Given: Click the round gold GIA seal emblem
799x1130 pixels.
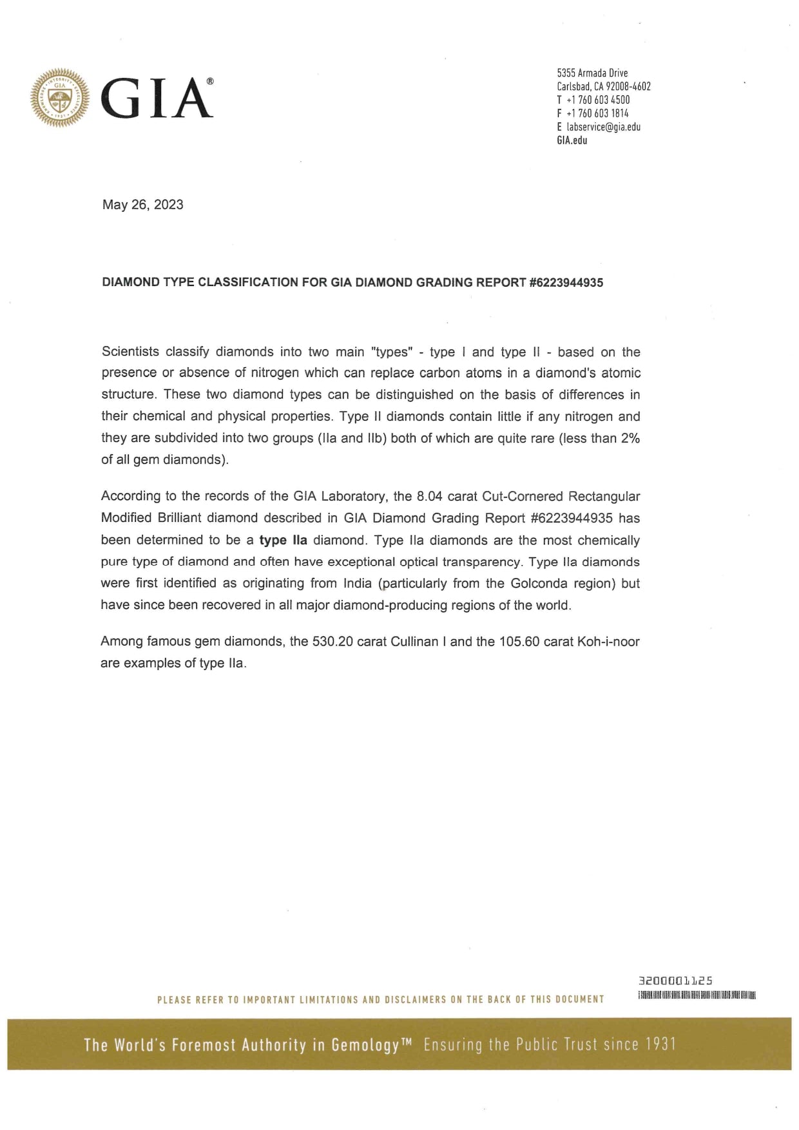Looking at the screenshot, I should [59, 97].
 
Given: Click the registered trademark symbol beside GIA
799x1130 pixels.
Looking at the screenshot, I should [209, 82].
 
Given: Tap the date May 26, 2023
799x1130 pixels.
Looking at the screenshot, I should [142, 205].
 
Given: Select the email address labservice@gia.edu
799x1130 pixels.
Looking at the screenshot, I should [603, 127].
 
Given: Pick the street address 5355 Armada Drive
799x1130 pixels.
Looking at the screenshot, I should [592, 73].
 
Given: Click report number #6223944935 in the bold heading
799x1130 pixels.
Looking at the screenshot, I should [566, 282].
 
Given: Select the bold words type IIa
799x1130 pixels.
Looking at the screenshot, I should [283, 540].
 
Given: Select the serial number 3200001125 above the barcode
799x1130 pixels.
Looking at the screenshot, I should [675, 981].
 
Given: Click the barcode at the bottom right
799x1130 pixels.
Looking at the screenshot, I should [696, 995].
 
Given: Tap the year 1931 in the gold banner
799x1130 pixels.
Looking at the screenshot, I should [661, 1044].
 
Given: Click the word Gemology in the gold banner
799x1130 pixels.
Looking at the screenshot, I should [365, 1045].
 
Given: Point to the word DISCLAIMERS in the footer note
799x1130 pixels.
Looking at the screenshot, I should [415, 1000].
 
